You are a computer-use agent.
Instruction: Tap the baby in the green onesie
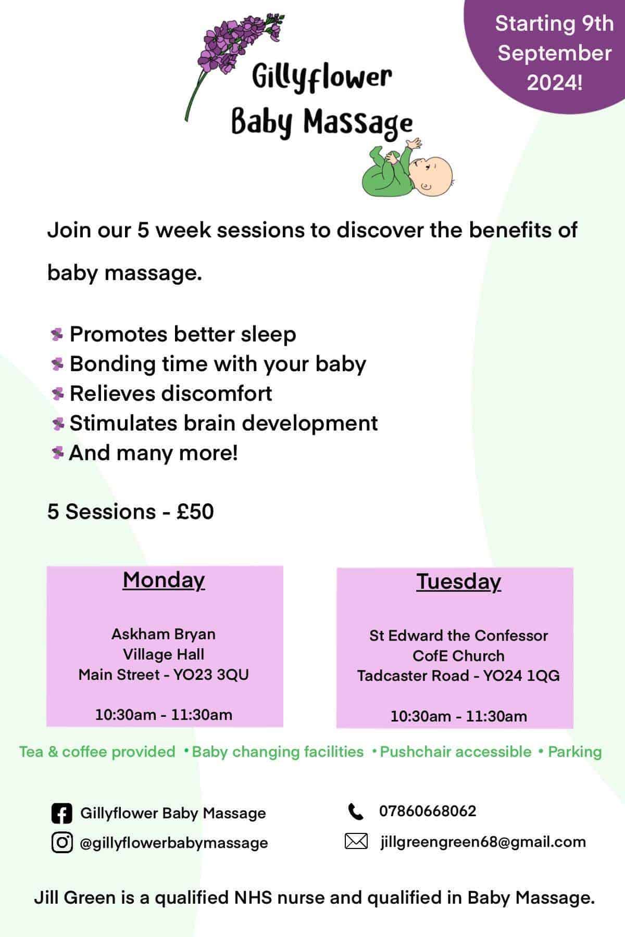tap(406, 169)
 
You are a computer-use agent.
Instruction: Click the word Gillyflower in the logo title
tap(321, 78)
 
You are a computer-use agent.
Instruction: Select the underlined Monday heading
tap(164, 580)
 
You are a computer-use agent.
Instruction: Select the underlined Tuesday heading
tap(459, 581)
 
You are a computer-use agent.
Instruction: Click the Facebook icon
tap(62, 813)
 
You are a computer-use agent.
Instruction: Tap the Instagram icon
tap(62, 842)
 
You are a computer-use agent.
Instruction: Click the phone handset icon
tap(356, 811)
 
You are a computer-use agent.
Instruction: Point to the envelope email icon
tap(356, 841)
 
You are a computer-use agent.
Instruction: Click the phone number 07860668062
tap(428, 811)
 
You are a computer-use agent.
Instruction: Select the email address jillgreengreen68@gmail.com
tap(483, 842)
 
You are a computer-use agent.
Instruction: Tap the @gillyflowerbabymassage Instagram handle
tap(174, 843)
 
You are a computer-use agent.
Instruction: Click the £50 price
tap(195, 512)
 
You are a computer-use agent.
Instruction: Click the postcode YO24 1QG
tap(521, 676)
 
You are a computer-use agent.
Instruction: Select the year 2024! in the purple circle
tap(555, 82)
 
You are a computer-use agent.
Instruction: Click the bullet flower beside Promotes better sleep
tap(57, 334)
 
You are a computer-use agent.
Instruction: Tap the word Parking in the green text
tap(575, 752)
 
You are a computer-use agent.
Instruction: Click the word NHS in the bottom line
tap(254, 897)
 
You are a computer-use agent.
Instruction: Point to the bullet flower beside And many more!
tap(57, 453)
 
